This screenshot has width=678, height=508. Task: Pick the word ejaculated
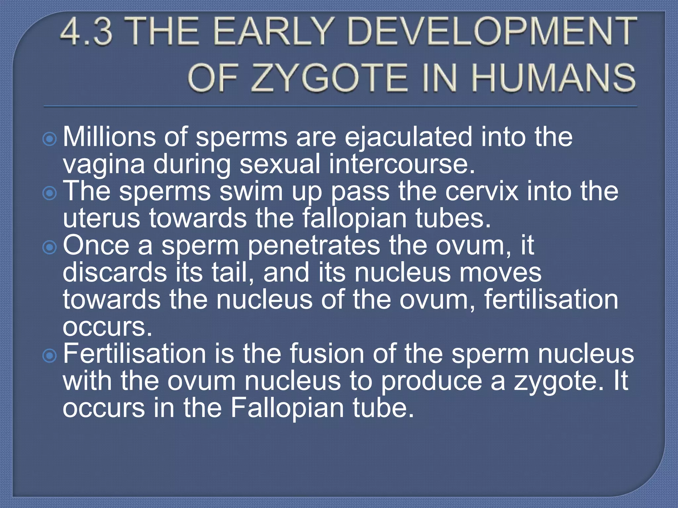coord(408,138)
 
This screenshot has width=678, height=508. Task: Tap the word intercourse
coord(402,164)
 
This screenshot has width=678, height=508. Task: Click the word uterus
coord(101,219)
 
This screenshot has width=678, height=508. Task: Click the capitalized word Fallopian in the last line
coord(287,408)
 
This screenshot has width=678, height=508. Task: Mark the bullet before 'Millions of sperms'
coord(50,139)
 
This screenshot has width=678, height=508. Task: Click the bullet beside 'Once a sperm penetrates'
coord(50,247)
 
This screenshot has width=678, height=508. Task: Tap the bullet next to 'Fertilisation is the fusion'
coord(50,356)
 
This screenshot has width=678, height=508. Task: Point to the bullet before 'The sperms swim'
coord(50,193)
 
